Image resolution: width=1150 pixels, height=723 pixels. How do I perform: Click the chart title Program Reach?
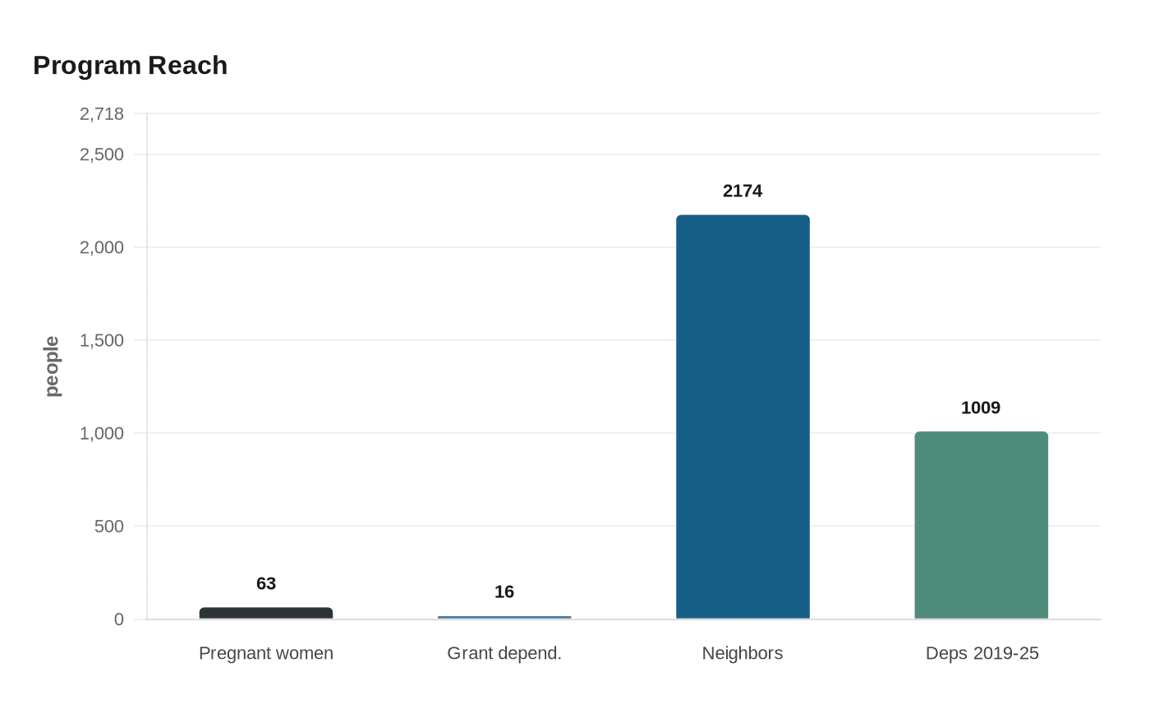[x=130, y=66]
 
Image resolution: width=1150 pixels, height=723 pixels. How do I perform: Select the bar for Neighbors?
[x=743, y=417]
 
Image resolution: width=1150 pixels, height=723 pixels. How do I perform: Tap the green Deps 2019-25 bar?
[x=981, y=525]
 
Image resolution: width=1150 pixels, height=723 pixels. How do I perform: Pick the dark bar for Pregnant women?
[x=266, y=613]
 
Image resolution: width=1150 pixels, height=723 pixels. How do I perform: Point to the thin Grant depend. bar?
[x=504, y=617]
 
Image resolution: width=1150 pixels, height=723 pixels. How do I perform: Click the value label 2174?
[x=743, y=191]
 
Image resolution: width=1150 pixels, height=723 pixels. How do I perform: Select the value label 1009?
[x=981, y=408]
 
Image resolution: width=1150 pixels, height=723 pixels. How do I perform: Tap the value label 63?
[x=266, y=584]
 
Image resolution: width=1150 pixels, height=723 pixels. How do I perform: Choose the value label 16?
[x=504, y=592]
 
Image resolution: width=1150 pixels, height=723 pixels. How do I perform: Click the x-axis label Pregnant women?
[x=266, y=653]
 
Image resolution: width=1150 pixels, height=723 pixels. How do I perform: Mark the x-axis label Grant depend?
[x=504, y=653]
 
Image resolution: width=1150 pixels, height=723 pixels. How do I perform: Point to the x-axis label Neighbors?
[x=743, y=653]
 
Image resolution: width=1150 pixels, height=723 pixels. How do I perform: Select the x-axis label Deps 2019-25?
[x=982, y=653]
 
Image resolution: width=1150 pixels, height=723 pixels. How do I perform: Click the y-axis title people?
[x=52, y=366]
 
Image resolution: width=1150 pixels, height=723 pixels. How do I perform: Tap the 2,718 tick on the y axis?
[x=102, y=114]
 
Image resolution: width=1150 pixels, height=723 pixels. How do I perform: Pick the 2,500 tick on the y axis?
[x=102, y=154]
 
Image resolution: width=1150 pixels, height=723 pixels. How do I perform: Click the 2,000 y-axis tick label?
[x=102, y=247]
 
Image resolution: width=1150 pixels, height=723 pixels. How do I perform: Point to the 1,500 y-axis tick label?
[x=102, y=340]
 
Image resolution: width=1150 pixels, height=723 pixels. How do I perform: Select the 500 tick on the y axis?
[x=109, y=526]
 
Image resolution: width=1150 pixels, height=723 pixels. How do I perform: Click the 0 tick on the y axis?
[x=119, y=619]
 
